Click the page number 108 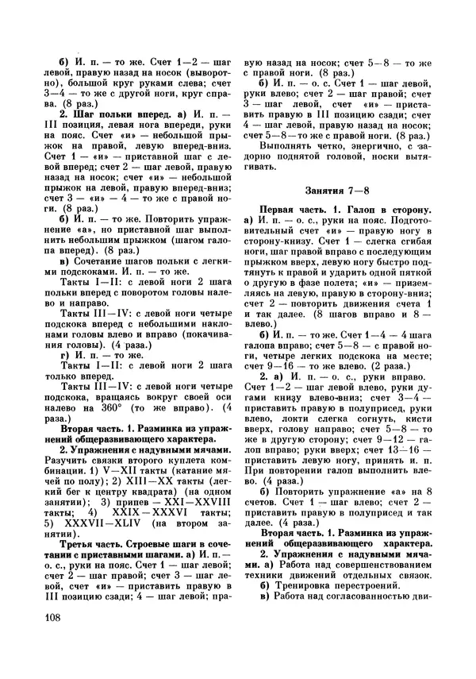pos(50,619)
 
